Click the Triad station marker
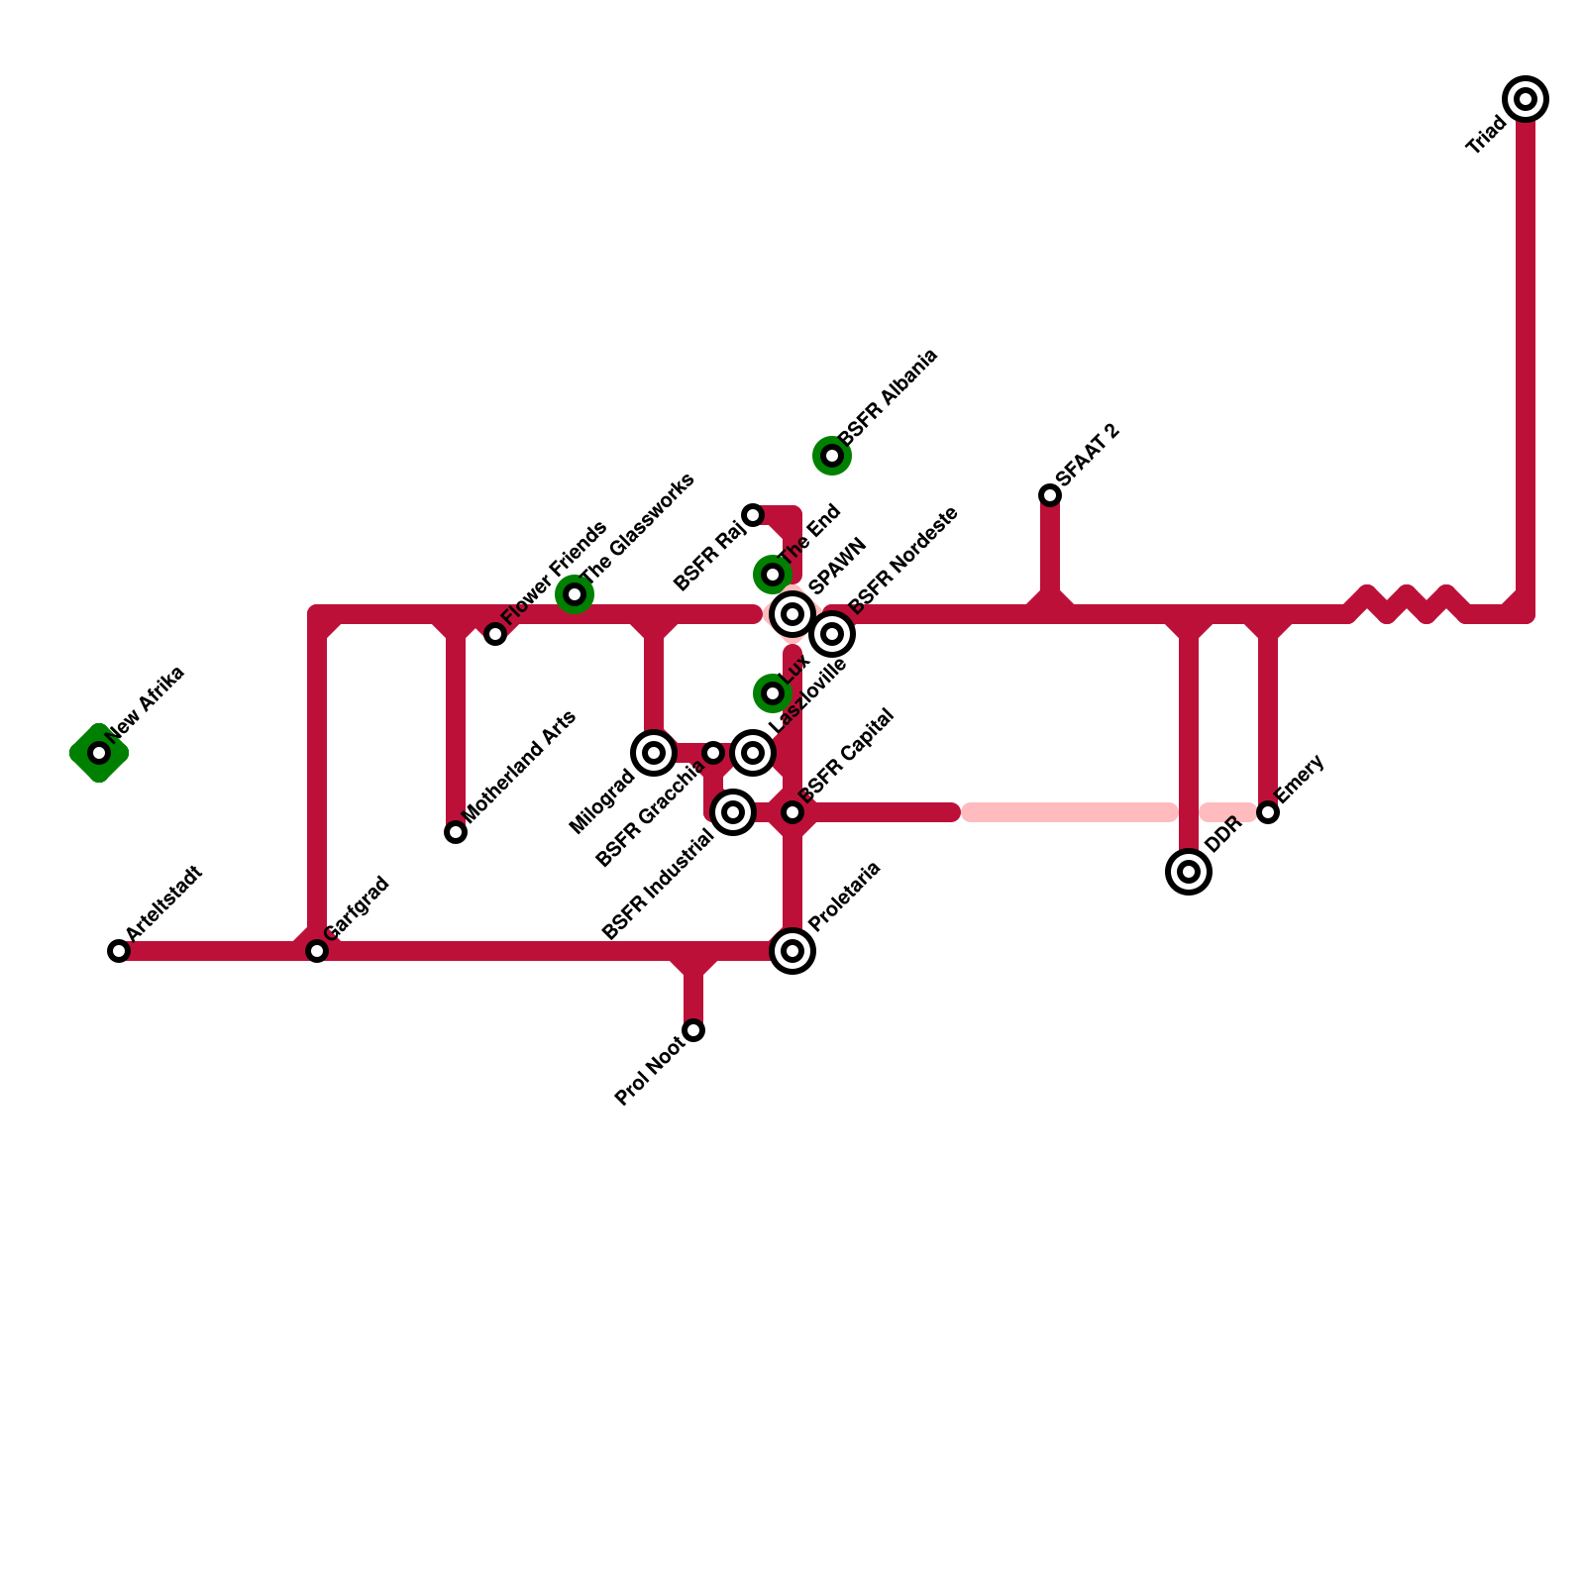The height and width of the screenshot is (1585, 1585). pyautogui.click(x=1526, y=99)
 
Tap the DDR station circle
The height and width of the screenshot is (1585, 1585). pyautogui.click(x=1189, y=872)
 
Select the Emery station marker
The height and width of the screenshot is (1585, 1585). pyautogui.click(x=1268, y=812)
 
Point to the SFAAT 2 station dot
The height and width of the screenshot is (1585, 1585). pyautogui.click(x=1050, y=495)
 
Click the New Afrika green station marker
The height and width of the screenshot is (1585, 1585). pyautogui.click(x=99, y=753)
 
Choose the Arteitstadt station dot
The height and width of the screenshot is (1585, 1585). pyautogui.click(x=119, y=951)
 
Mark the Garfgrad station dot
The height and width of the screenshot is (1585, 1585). pyautogui.click(x=317, y=951)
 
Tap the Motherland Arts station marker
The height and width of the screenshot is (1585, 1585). pyautogui.click(x=456, y=832)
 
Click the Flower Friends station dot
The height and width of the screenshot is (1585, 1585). pyautogui.click(x=495, y=634)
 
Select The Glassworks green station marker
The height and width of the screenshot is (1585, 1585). pyautogui.click(x=575, y=594)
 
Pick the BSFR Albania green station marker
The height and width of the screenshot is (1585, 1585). pyautogui.click(x=832, y=456)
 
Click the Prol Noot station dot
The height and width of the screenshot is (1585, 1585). pyautogui.click(x=693, y=1030)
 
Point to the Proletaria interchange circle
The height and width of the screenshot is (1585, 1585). pyautogui.click(x=792, y=951)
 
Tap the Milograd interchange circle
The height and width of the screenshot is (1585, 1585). pyautogui.click(x=654, y=753)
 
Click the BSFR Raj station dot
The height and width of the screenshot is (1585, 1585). pyautogui.click(x=753, y=515)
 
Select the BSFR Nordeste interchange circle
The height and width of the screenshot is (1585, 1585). pyautogui.click(x=832, y=634)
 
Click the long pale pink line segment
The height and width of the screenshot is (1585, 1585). pyautogui.click(x=1070, y=812)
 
